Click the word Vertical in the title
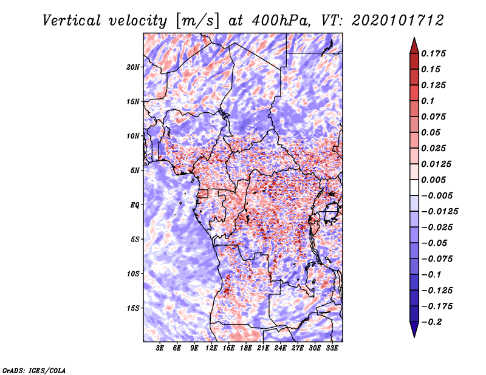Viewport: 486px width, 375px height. pos(72,21)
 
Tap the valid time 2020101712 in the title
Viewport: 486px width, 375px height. pos(398,21)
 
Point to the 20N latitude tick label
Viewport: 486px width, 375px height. pos(133,67)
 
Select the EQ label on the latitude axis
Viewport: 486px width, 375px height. pos(135,205)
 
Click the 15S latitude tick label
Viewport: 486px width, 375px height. pos(133,308)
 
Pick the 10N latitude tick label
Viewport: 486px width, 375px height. pos(133,136)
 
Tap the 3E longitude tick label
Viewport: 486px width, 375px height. pos(160,348)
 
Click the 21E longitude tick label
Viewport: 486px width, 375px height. pos(263,348)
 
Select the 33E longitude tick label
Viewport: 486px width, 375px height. pos(332,348)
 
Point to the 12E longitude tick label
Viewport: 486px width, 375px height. pos(211,348)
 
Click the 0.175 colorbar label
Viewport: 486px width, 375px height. pos(433,53)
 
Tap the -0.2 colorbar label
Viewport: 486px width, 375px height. pos(431,322)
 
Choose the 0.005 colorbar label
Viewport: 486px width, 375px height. pos(433,180)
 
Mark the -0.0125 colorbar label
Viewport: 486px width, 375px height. pos(439,212)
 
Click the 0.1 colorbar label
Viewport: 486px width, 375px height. pos(428,101)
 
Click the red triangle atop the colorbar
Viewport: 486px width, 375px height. pos(414,47)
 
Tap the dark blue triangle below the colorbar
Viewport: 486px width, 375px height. pos(414,328)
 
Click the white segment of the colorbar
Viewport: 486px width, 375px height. pos(414,187)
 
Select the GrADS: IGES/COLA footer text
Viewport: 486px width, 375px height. pos(34,370)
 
